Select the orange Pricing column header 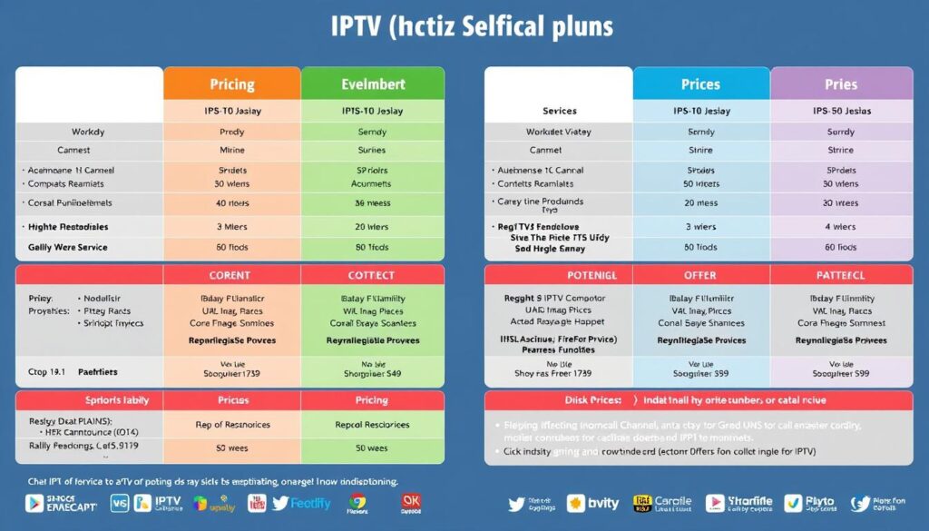(x=231, y=84)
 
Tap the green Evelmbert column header (x=372, y=84)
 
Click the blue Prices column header (x=700, y=84)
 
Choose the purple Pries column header (x=841, y=84)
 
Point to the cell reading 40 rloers (x=232, y=203)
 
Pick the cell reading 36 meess (x=372, y=203)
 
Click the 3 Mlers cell (x=232, y=227)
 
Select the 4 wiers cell (x=841, y=227)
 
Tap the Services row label (x=560, y=111)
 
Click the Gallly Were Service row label (x=67, y=247)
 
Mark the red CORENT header (x=232, y=275)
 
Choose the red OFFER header (x=700, y=275)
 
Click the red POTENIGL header (x=560, y=275)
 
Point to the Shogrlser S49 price (x=372, y=372)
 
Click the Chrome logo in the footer (x=357, y=502)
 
